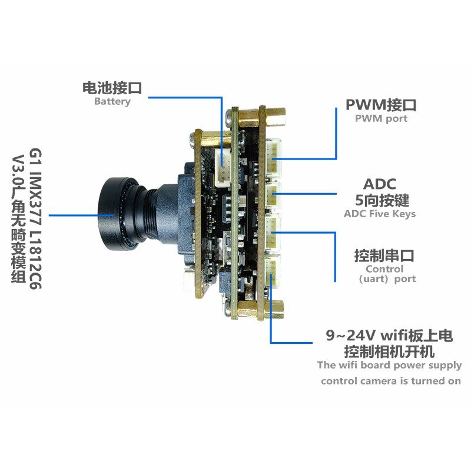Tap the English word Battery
112,101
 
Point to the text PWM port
380,118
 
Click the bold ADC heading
380,184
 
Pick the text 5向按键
380,200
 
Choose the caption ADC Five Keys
380,214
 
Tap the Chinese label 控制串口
384,256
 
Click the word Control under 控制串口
384,269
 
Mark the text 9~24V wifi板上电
390,336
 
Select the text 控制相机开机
389,351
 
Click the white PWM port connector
275,155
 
